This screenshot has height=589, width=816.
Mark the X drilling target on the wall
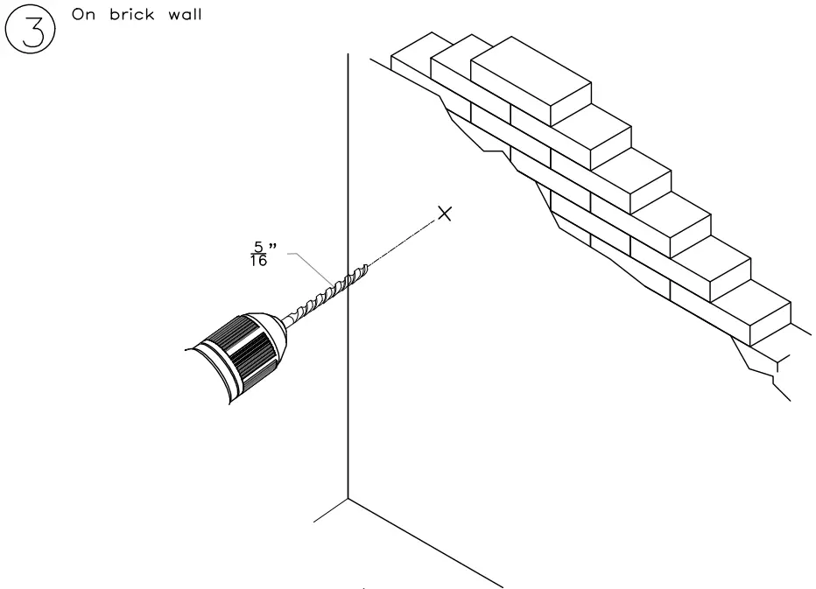[x=445, y=213]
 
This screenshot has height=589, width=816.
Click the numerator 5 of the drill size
[x=257, y=247]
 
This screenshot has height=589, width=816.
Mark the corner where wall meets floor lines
[x=348, y=498]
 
